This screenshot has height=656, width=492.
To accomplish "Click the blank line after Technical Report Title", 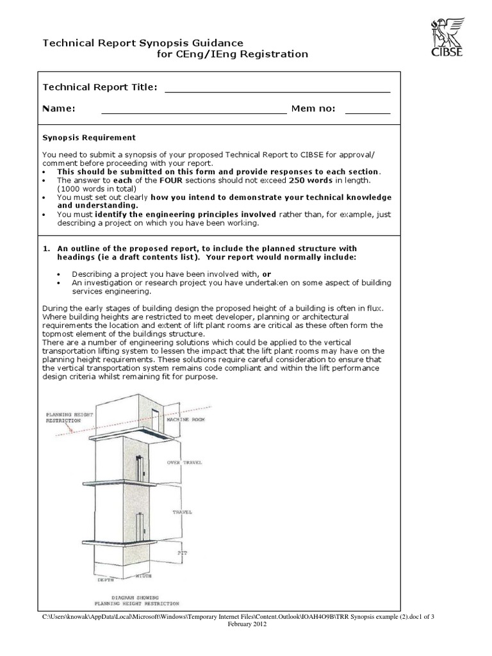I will point(277,92).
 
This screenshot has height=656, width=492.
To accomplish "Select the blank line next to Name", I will point(193,113).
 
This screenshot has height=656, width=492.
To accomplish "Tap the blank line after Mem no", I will point(367,113).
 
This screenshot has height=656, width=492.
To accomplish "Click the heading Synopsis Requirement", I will point(89,137).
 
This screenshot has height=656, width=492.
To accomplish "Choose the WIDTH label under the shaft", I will point(143,576).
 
